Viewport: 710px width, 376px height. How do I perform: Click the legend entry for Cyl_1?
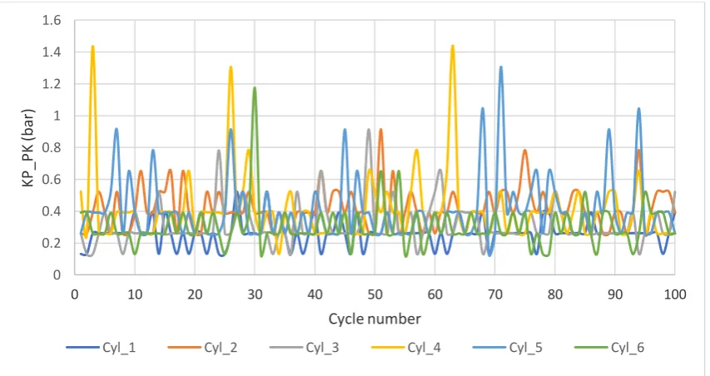(101, 348)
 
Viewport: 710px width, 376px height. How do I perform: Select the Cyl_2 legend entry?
(202, 348)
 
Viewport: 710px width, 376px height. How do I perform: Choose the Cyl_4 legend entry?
(405, 348)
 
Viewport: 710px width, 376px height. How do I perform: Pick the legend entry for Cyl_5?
(508, 348)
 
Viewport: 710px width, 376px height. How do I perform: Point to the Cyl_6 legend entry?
(609, 348)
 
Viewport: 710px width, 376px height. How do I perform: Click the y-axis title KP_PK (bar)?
(28, 148)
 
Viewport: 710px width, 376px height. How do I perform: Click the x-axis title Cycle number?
(375, 319)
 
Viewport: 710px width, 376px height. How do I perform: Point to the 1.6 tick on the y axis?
(51, 20)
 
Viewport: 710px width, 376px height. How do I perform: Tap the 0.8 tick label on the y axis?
(51, 147)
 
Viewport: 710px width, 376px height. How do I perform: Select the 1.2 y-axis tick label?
(51, 84)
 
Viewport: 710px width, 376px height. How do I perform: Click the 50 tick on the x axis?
(375, 294)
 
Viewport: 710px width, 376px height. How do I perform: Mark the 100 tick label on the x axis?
(675, 294)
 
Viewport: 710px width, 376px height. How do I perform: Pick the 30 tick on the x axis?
(255, 294)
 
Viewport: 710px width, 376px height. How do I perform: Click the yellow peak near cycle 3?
(93, 46)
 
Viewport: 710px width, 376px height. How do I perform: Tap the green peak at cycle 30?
(255, 87)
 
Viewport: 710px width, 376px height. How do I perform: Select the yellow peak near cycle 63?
(452, 46)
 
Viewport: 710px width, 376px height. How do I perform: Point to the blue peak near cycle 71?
(501, 67)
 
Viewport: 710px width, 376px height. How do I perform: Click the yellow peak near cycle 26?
(231, 67)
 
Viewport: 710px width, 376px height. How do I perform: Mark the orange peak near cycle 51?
(381, 130)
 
